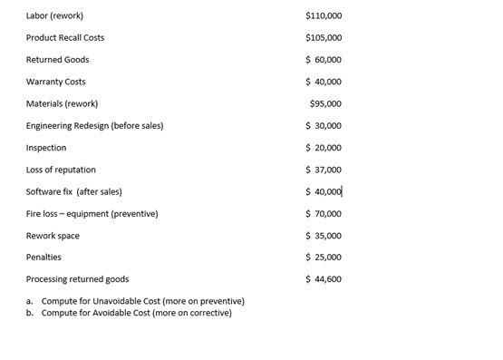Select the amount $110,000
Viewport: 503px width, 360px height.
324,15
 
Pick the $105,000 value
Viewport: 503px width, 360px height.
324,38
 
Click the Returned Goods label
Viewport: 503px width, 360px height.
58,60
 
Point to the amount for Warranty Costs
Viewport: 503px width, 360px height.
324,82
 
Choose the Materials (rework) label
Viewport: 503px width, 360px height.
63,103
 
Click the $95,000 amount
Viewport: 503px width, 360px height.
325,103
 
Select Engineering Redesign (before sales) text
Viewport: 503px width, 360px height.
95,125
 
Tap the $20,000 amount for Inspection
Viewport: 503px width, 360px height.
324,148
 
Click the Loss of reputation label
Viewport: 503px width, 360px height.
61,170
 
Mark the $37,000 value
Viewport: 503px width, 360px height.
324,170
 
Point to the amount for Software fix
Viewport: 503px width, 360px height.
324,191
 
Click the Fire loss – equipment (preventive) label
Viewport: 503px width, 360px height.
92,214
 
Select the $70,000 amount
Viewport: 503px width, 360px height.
324,214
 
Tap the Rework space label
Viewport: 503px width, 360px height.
53,236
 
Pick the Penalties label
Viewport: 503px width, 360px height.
44,258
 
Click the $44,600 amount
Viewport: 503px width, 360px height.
324,279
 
